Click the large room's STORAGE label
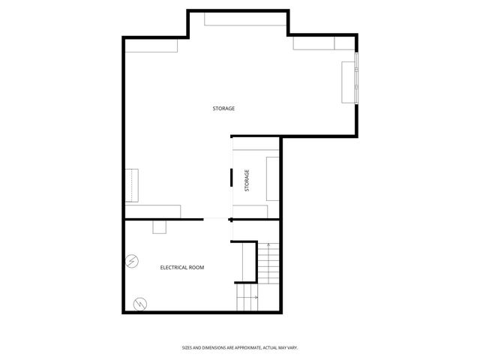point(223,109)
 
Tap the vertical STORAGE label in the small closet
point(247,180)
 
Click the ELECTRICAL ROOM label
point(182,267)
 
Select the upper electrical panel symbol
point(132,261)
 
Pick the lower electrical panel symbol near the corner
point(139,304)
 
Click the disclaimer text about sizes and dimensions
point(240,347)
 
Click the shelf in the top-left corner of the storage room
point(151,46)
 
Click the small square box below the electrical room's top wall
point(160,226)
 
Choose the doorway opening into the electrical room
point(217,219)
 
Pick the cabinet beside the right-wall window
point(349,82)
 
